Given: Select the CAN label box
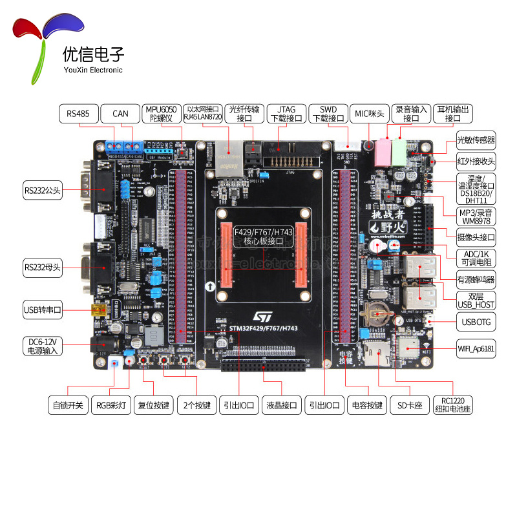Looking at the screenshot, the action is (x=121, y=114).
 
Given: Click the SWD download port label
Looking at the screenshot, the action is (x=327, y=114).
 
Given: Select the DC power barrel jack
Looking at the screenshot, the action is (x=102, y=346).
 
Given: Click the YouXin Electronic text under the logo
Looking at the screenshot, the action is (x=92, y=70).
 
